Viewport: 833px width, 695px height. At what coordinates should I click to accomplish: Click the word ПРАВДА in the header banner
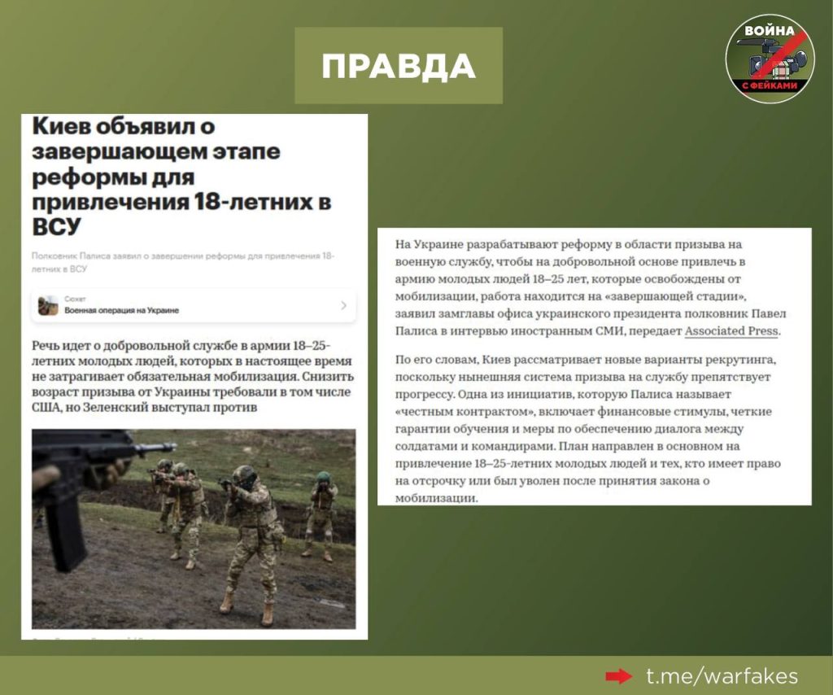tap(398, 66)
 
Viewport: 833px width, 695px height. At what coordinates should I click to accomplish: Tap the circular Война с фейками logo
tap(770, 59)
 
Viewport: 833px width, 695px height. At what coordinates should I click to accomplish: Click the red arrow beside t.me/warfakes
tap(619, 676)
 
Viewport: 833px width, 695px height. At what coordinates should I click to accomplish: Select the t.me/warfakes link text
tap(721, 676)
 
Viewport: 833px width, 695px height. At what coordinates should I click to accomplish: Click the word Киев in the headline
tap(68, 129)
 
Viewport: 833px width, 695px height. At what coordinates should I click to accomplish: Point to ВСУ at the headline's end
tap(58, 227)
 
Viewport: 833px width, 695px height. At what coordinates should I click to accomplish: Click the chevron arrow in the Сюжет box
tap(343, 305)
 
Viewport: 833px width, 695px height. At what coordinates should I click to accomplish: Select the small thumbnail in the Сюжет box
tap(48, 305)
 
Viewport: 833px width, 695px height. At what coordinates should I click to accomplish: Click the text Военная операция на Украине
tap(122, 311)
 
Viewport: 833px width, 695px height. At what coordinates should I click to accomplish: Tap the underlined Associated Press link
tap(731, 331)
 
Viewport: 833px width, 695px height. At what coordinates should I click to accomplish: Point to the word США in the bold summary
tap(50, 406)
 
